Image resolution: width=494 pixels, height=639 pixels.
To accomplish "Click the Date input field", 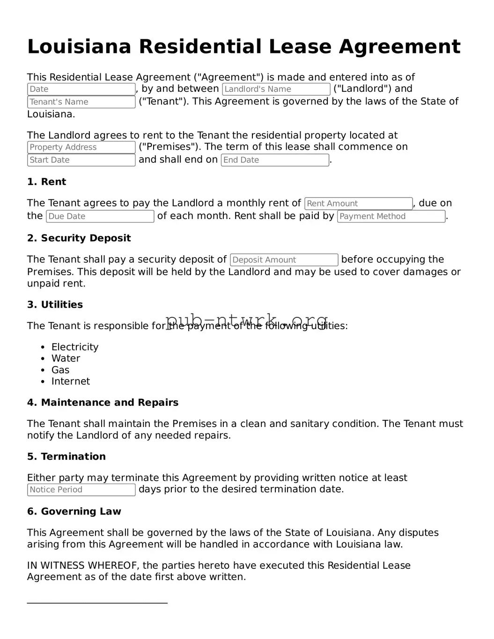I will tap(81, 89).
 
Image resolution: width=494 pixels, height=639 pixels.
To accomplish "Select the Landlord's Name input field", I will tap(276, 89).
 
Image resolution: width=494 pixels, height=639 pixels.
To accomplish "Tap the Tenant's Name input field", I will tap(81, 102).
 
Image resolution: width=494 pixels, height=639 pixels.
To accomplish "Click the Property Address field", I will tap(81, 147).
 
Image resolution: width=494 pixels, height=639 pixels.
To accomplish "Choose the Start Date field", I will tap(81, 160).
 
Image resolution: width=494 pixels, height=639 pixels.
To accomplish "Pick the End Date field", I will tap(275, 160).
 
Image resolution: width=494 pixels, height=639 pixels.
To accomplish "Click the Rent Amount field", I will tap(358, 204).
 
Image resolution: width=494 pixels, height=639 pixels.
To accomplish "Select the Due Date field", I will tap(100, 216).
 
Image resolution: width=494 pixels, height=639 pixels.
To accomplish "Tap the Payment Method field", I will tap(391, 216).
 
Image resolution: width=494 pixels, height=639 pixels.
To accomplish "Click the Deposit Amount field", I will tap(284, 260).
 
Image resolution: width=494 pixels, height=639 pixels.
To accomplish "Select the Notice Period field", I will tap(81, 490).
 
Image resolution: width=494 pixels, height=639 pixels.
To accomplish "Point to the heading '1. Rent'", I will tap(46, 182).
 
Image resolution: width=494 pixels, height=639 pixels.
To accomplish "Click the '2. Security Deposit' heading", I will tap(79, 238).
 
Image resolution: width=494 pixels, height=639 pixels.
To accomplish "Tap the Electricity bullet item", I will tap(75, 347).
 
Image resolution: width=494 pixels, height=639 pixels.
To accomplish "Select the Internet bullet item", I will tap(70, 382).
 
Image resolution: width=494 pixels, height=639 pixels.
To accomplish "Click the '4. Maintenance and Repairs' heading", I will tap(103, 403).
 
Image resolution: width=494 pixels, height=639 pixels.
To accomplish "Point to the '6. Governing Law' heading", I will tap(74, 512).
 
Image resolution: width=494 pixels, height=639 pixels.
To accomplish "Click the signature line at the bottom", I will tap(97, 603).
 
